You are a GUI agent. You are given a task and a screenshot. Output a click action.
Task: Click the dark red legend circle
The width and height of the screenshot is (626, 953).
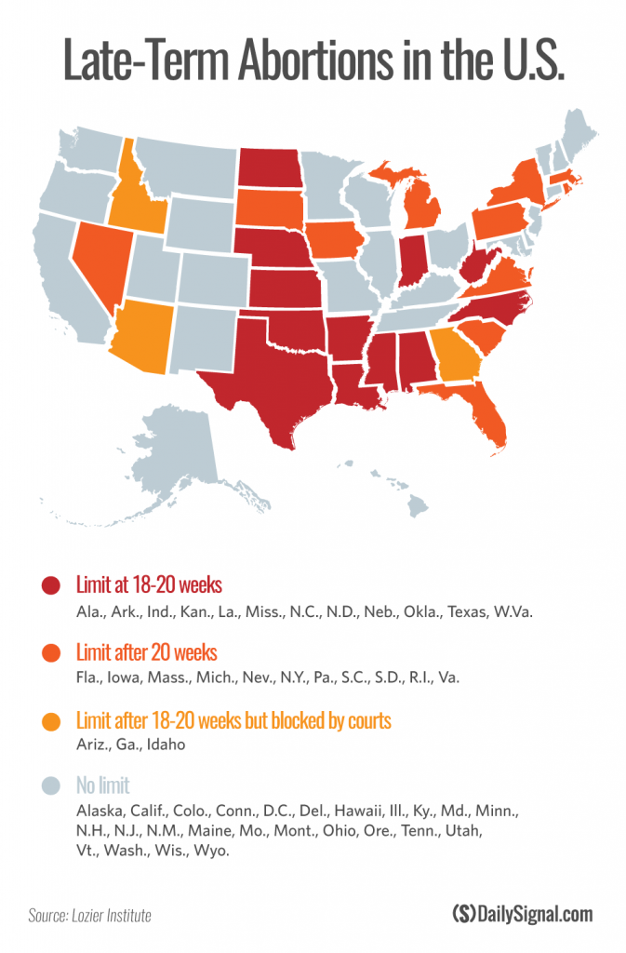[51, 586]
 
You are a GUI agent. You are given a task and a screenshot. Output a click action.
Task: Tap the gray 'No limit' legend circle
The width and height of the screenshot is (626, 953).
[51, 786]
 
